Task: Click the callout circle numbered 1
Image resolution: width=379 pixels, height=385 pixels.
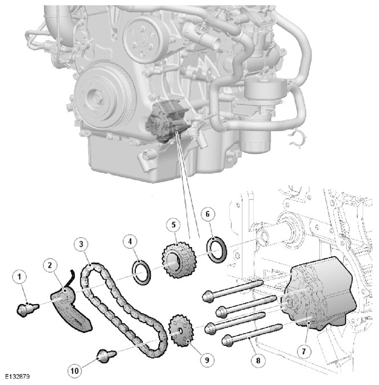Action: (x=20, y=277)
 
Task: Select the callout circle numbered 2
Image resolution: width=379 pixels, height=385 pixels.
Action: (x=50, y=265)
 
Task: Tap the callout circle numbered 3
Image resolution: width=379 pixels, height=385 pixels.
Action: (x=81, y=244)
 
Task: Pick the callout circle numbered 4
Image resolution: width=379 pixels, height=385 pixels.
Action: (x=130, y=241)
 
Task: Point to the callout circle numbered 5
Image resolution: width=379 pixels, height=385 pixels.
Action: (x=173, y=224)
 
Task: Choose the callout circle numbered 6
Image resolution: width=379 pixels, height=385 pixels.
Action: (x=208, y=214)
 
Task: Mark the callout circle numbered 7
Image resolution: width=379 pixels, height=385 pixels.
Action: (x=304, y=351)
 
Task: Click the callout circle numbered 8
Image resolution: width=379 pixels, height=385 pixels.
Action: (x=258, y=360)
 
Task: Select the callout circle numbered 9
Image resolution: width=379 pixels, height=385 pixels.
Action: (x=207, y=360)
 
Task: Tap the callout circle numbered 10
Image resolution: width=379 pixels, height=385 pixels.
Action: (x=75, y=371)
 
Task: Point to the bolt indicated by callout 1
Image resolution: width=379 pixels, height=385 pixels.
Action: (x=27, y=309)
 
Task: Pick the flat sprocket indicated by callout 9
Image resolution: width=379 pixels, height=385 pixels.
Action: (x=181, y=331)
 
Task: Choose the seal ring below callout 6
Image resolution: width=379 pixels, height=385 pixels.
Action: (x=218, y=249)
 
